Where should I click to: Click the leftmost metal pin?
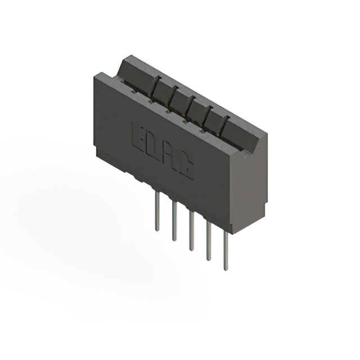coord(157,211)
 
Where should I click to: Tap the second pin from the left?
coord(174,221)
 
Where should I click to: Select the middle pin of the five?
coord(191,231)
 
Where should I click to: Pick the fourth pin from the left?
coord(209,241)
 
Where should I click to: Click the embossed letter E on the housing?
coord(138,136)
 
